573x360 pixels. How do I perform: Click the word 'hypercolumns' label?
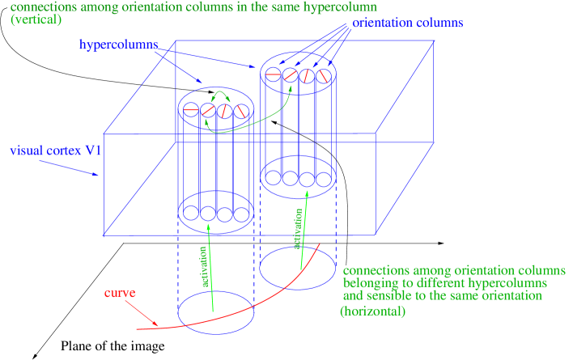coord(118,44)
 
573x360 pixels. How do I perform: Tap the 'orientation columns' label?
coord(407,23)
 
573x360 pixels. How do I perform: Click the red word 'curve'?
coord(119,293)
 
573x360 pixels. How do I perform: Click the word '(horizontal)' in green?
coord(372,311)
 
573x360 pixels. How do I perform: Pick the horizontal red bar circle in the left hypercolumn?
coord(191,110)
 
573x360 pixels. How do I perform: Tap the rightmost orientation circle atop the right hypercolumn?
coord(323,77)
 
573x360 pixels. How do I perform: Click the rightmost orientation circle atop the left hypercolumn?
coord(240,110)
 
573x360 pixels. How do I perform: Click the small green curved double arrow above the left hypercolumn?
coord(216,95)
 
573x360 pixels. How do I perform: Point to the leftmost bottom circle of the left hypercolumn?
coord(191,214)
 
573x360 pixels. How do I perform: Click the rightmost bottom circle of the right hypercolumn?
coord(324,178)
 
